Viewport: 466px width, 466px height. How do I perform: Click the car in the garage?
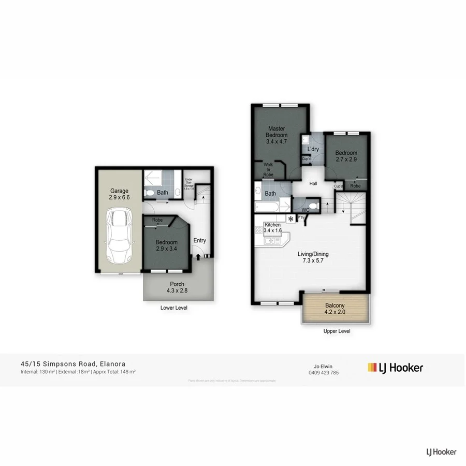click(119, 236)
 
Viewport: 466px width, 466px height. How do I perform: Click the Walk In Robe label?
click(268, 170)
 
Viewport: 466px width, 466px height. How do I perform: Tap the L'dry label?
click(312, 150)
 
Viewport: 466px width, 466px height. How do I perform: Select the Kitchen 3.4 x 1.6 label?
click(272, 227)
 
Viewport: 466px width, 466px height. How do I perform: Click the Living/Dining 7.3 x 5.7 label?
click(313, 257)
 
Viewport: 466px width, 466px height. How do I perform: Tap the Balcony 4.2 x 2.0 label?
click(335, 309)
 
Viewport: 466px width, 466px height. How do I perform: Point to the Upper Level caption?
click(337, 331)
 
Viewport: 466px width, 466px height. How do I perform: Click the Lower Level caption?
click(174, 308)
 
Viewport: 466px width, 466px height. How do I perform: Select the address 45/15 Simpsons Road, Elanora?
click(73, 364)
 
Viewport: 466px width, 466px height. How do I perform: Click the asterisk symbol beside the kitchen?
click(291, 219)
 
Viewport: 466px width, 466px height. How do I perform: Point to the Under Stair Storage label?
click(190, 183)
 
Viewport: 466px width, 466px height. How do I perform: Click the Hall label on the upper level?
click(313, 183)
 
